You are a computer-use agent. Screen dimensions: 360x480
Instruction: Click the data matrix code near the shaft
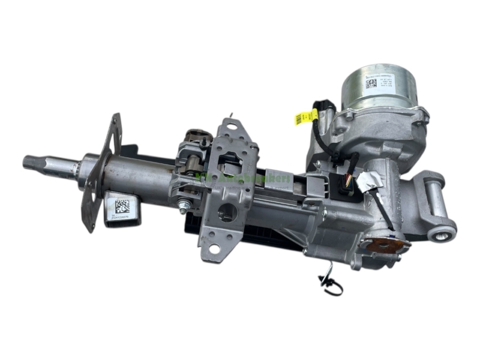pos(122,205)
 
